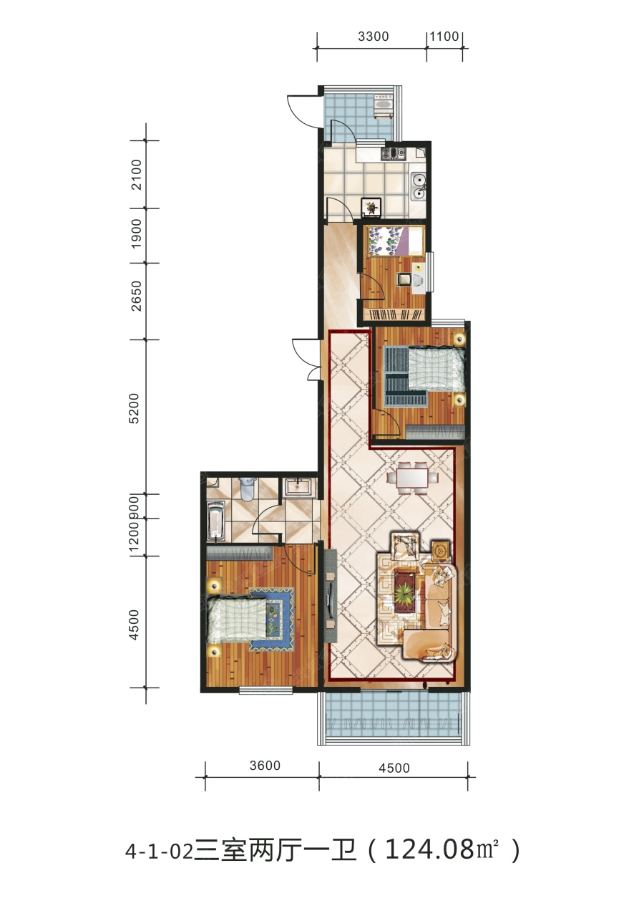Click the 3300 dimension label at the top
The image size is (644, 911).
click(373, 37)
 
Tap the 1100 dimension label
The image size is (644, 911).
click(444, 37)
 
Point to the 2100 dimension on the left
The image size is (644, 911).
click(137, 175)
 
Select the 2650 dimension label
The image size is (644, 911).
click(137, 296)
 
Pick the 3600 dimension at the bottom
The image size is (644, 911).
click(265, 766)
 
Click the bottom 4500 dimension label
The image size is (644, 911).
click(394, 768)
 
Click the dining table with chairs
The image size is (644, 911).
click(412, 478)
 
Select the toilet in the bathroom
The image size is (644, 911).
click(248, 488)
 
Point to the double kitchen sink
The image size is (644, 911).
click(418, 186)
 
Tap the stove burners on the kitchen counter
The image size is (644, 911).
click(393, 153)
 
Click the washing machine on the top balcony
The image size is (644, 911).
click(384, 106)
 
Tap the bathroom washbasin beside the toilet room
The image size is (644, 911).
click(298, 487)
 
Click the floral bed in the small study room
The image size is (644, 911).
click(396, 241)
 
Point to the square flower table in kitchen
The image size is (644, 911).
click(371, 207)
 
